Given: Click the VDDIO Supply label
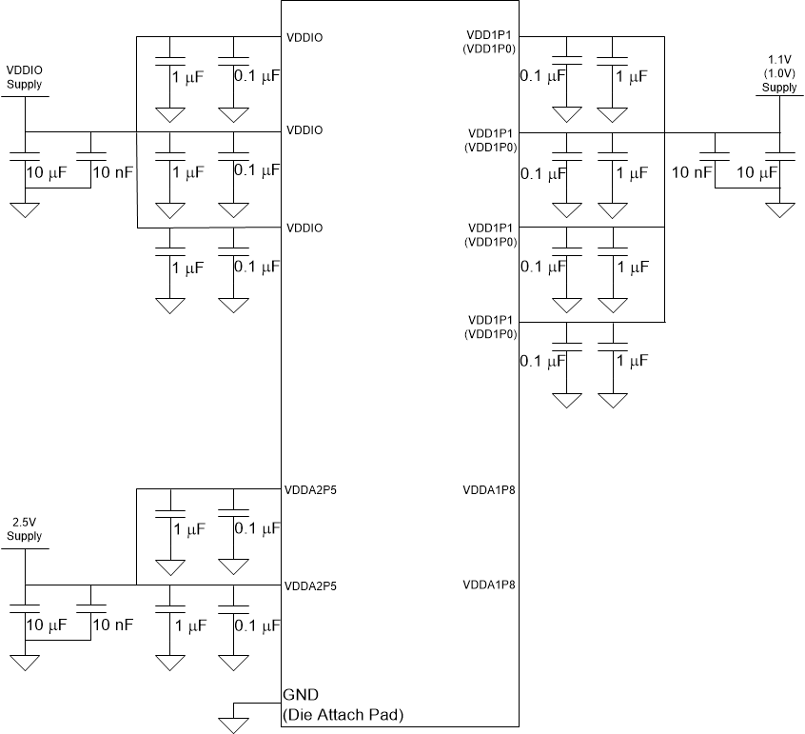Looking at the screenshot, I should [25, 77].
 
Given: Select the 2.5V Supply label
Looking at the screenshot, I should [25, 529].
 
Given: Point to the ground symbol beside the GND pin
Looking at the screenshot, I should [232, 724].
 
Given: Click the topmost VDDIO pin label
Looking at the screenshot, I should [304, 38].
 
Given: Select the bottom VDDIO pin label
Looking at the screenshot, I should [304, 228].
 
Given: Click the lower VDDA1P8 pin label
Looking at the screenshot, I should [489, 584].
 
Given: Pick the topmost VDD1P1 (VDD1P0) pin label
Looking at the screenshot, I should [489, 43].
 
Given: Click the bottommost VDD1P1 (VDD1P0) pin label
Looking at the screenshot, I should [489, 328].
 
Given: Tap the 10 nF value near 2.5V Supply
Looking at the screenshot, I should [112, 625].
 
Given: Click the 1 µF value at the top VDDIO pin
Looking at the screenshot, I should [187, 76].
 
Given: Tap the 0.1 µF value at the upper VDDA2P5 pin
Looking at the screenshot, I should [257, 528].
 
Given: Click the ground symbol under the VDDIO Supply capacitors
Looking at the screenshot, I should [25, 208].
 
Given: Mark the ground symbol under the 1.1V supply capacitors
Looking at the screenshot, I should [779, 208].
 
